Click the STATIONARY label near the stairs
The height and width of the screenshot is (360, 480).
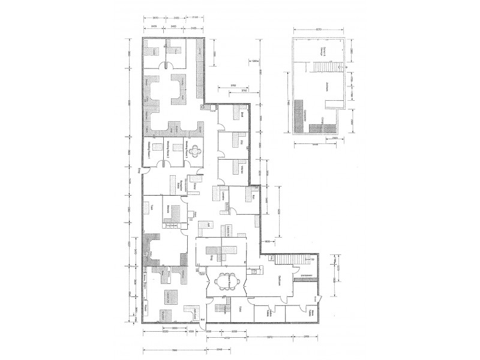(x=309, y=277)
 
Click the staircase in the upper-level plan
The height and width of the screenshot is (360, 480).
(x=324, y=65)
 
